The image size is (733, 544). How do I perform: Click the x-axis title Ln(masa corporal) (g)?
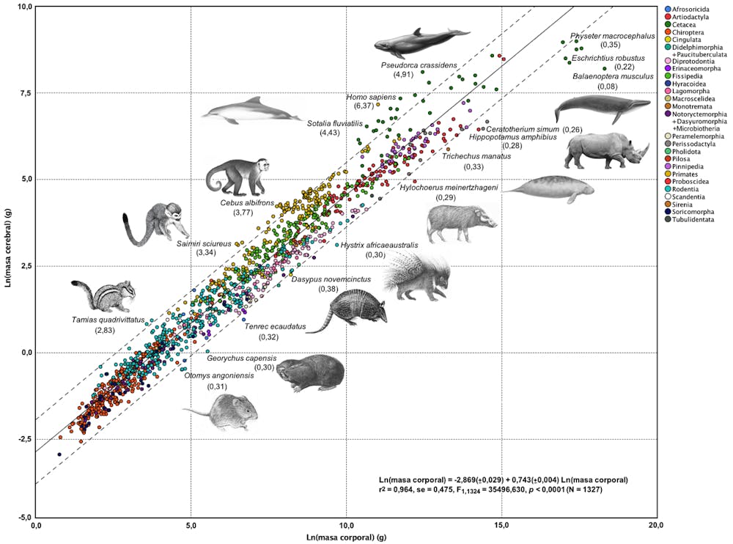pyautogui.click(x=346, y=537)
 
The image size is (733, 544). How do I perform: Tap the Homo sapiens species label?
pyautogui.click(x=372, y=98)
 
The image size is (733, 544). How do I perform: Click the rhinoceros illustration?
pyautogui.click(x=607, y=150)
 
